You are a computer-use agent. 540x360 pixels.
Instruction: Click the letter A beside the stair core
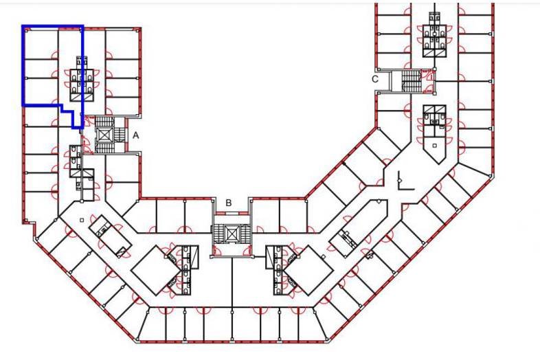136,135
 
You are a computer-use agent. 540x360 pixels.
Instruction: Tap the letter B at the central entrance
229,203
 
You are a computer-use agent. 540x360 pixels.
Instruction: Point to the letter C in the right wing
374,79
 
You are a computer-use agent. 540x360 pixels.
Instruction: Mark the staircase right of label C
410,81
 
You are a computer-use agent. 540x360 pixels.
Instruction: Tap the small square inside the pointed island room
435,146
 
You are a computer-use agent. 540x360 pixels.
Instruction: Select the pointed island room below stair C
435,134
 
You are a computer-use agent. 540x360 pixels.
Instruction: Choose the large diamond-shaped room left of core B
156,270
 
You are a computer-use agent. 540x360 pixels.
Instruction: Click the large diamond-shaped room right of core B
308,270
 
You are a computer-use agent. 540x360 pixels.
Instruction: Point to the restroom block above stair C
435,41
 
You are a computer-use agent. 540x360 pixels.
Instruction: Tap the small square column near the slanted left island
82,220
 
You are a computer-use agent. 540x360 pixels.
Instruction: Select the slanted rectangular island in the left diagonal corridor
110,236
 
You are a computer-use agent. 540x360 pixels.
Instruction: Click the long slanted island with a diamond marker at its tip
358,228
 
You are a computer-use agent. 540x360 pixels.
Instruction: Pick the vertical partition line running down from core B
232,283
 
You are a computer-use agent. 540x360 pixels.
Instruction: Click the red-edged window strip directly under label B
232,214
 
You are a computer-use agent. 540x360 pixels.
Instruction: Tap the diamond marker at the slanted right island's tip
379,201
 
